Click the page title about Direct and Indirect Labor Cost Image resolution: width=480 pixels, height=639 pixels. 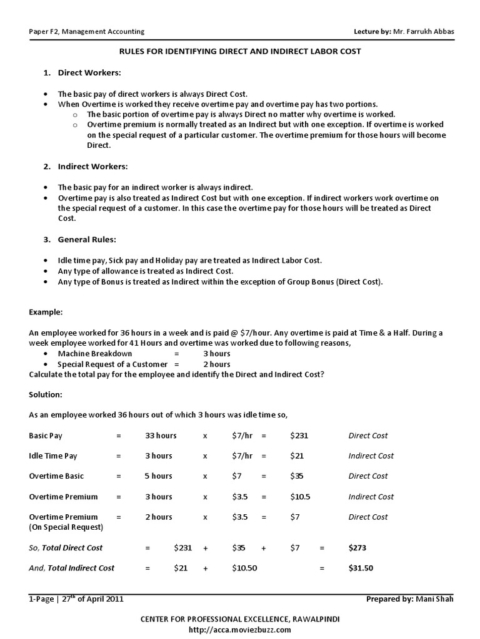coord(241,51)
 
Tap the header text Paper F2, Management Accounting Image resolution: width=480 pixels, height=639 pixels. coord(87,31)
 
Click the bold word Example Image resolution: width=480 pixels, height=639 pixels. coord(46,311)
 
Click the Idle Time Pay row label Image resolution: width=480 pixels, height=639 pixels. coord(53,456)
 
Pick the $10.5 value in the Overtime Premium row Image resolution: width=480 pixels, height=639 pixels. coord(300,497)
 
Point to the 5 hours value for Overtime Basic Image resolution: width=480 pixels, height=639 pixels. coord(158,476)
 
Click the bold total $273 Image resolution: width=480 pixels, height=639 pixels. coord(357,547)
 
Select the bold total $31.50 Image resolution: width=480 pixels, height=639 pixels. coord(361,568)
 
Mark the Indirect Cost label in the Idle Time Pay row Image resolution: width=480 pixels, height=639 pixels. coord(371,456)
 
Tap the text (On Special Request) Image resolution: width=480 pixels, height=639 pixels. coord(66,527)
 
